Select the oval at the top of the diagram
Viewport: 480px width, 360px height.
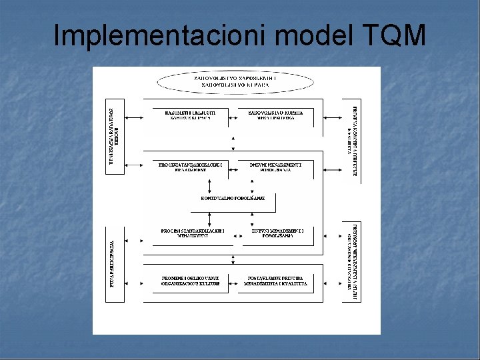[x=235, y=83]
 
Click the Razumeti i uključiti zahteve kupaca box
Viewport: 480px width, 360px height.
[x=190, y=117]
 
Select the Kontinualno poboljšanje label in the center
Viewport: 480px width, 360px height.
[x=233, y=198]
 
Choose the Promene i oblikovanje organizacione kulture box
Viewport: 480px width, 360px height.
[x=190, y=281]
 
